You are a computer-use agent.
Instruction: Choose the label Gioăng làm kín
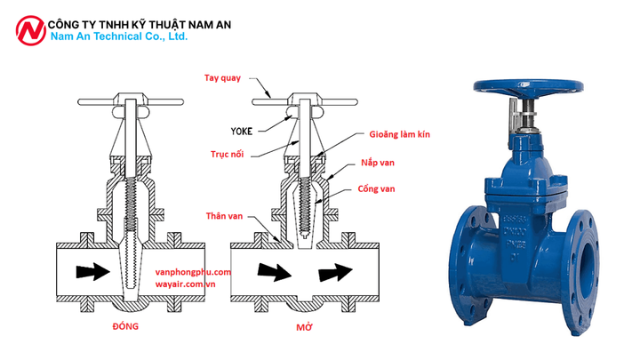(400, 135)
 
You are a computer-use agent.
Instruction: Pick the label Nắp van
(384, 163)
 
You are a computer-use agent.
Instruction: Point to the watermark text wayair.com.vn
(186, 286)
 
